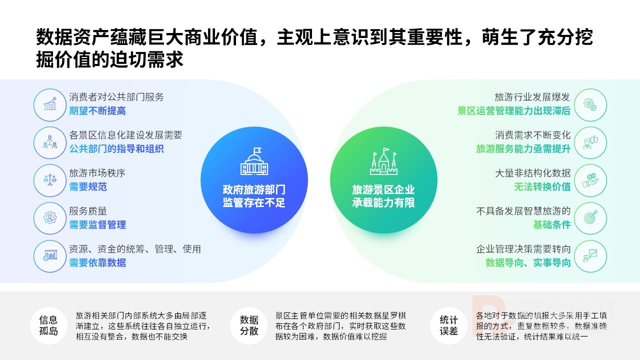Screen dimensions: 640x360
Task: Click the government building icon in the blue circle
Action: [254, 161]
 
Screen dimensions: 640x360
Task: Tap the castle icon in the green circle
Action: [383, 161]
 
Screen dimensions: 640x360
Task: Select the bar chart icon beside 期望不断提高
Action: [50, 104]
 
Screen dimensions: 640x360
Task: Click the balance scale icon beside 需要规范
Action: [50, 180]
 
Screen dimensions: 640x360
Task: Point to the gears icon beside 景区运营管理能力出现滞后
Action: [590, 104]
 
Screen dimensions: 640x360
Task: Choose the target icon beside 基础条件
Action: [590, 217]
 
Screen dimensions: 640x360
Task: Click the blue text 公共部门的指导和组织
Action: [116, 149]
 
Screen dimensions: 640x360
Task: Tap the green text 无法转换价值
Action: [542, 187]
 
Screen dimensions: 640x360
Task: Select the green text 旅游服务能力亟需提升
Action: [523, 149]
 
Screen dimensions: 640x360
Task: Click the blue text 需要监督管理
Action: [97, 225]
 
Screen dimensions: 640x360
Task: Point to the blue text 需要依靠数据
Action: [97, 263]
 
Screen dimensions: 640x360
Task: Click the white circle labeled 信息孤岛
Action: [48, 325]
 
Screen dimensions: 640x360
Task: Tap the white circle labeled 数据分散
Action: [249, 325]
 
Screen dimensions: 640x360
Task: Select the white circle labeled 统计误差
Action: [448, 325]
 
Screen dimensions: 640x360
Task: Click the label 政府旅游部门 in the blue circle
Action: [254, 189]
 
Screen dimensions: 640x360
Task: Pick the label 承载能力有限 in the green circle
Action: [383, 203]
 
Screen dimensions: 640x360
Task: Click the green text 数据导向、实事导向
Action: [528, 263]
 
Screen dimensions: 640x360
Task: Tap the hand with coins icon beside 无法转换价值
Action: [590, 180]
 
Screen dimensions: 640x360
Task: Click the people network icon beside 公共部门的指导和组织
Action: [50, 142]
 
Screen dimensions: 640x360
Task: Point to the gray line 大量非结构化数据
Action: [532, 173]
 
